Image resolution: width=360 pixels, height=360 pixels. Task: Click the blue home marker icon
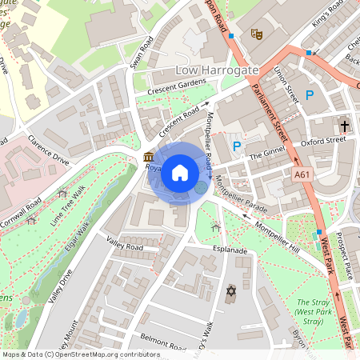180,172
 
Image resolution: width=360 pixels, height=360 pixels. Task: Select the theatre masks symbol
257,34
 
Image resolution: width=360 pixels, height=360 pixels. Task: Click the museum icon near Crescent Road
150,158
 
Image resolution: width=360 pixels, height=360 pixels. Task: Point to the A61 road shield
302,174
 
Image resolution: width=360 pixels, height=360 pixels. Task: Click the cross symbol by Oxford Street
345,126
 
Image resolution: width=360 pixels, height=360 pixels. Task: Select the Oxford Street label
323,141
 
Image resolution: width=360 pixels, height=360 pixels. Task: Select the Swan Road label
140,54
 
